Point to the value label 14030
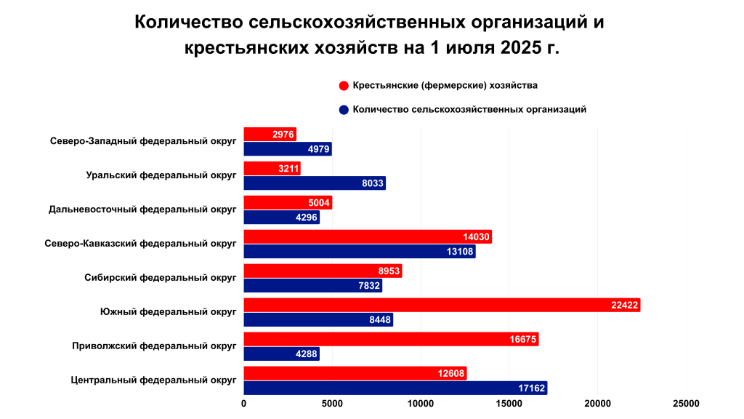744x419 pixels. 477,236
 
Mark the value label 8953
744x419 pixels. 387,271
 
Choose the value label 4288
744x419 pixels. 304,354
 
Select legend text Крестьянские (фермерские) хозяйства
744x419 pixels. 445,86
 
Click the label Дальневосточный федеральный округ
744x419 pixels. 142,209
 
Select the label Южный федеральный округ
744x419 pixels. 168,312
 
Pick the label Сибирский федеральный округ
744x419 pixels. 161,278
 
